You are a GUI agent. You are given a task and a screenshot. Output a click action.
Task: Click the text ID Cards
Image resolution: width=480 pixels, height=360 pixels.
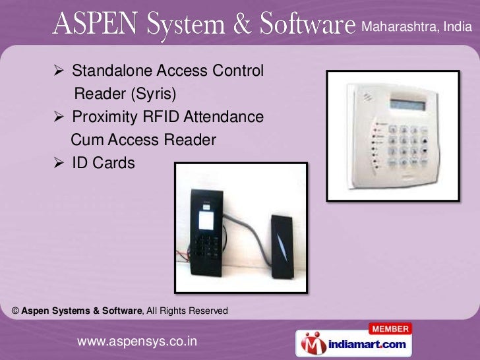[104, 163]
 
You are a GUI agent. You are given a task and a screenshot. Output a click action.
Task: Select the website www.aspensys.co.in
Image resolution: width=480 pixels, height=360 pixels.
[137, 341]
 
